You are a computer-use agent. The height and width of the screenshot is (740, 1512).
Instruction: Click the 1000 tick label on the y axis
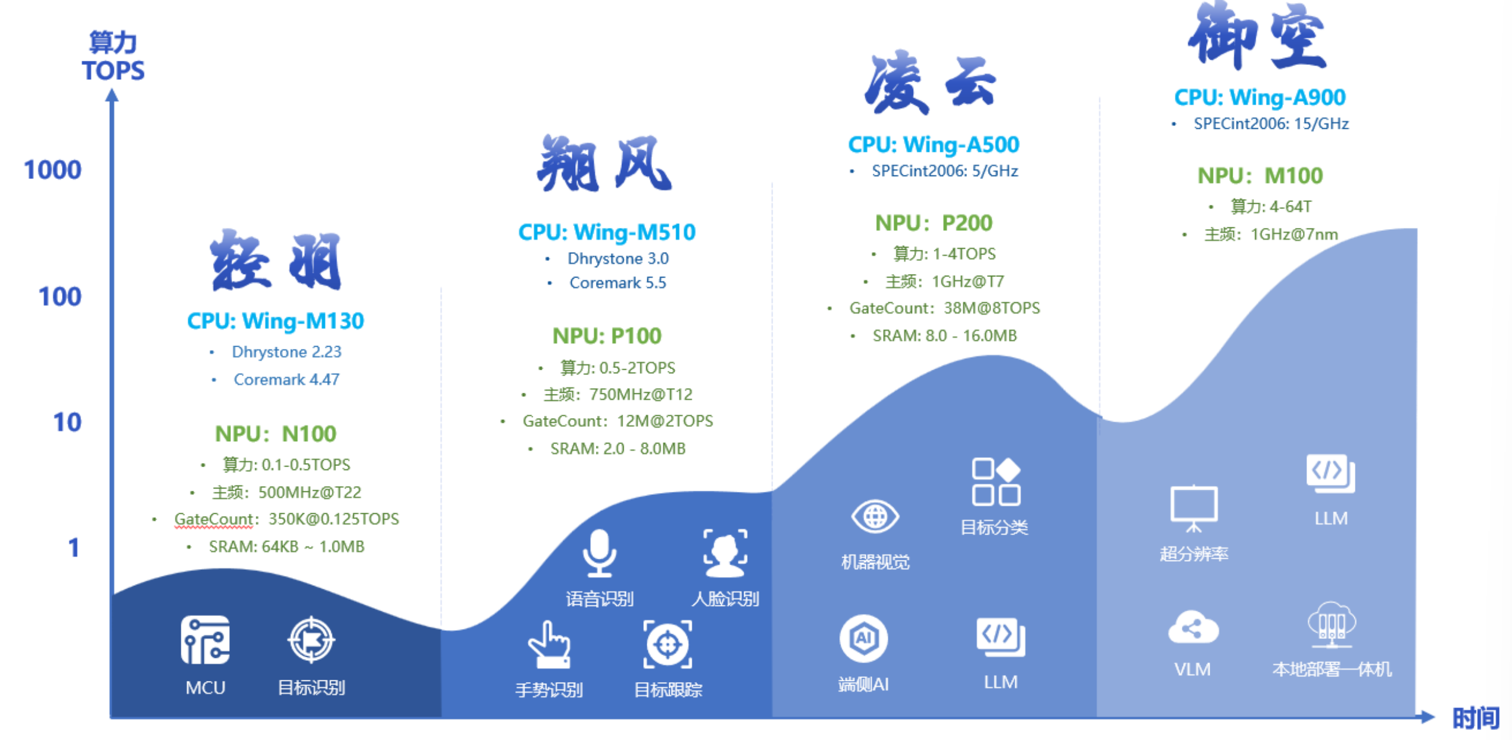(x=53, y=170)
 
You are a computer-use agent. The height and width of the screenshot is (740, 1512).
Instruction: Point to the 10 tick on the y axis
(x=67, y=422)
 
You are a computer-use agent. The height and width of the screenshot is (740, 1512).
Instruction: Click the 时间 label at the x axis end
(x=1475, y=718)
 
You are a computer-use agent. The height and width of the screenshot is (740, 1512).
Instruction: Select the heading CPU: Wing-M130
(x=275, y=321)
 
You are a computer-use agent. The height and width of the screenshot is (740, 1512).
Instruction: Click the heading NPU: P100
(x=607, y=335)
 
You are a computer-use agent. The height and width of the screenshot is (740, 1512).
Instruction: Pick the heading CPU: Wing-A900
(x=1259, y=97)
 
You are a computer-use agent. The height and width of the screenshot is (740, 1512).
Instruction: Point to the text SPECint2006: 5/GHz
(x=944, y=171)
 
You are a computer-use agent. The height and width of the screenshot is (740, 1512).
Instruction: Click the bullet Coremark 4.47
(x=286, y=379)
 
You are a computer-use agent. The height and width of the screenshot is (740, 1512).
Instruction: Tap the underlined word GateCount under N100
(x=213, y=519)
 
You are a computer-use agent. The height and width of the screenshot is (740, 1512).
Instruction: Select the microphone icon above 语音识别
(x=599, y=553)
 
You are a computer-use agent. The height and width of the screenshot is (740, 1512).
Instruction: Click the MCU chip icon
(x=205, y=640)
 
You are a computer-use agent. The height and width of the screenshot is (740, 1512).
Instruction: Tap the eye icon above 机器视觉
(x=875, y=517)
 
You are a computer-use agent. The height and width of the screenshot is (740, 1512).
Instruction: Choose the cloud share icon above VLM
(x=1192, y=627)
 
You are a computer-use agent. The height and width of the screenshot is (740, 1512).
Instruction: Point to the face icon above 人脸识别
(x=725, y=553)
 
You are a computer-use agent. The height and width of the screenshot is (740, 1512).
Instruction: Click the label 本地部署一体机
(x=1331, y=669)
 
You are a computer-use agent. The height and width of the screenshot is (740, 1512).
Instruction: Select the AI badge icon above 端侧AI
(x=863, y=638)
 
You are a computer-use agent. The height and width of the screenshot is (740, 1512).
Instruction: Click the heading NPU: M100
(x=1259, y=175)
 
